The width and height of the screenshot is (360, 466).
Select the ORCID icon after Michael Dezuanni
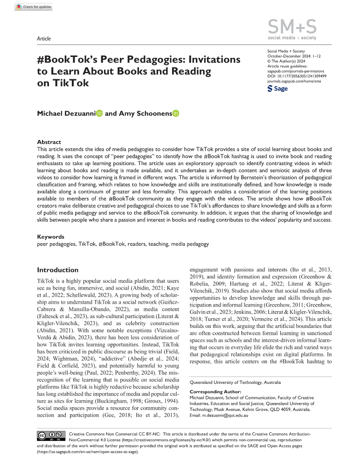99,113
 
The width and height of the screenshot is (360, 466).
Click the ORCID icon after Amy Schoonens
175,113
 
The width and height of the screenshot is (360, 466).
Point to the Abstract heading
49,142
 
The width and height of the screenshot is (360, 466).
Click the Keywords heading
51,236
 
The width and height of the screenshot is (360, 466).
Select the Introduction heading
58,270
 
